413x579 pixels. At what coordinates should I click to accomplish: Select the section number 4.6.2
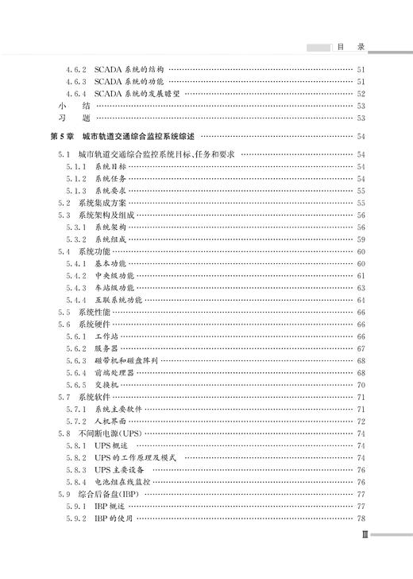point(77,69)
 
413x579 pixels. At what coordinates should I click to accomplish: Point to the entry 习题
point(63,117)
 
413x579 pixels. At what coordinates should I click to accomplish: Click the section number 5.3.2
point(77,239)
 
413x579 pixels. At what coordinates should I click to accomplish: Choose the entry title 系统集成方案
point(101,203)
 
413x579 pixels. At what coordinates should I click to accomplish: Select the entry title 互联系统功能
point(118,299)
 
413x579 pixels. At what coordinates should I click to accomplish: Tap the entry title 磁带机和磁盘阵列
point(126,359)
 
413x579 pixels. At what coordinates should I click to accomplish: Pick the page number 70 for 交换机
point(361,383)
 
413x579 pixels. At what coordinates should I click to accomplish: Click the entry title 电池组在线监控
point(122,482)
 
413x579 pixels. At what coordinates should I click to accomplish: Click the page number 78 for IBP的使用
point(361,519)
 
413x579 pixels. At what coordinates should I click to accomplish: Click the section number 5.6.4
point(77,371)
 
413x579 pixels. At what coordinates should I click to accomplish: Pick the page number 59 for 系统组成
point(361,239)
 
